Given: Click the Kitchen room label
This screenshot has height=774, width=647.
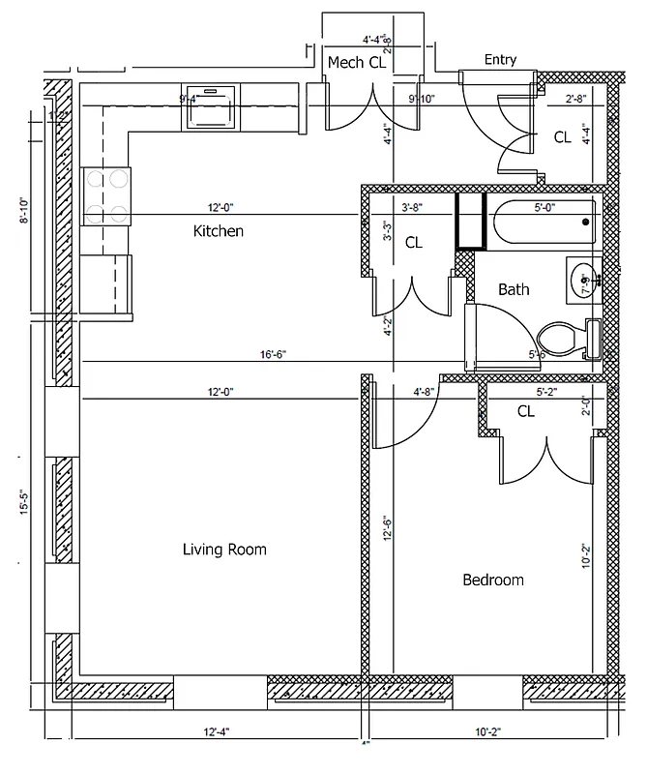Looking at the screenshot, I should click(218, 231).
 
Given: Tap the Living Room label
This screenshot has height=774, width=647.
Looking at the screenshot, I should click(224, 550).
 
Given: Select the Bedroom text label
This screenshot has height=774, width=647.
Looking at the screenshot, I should click(492, 580).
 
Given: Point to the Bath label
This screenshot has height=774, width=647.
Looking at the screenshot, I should click(514, 289).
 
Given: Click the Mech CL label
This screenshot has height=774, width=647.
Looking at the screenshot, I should click(357, 63).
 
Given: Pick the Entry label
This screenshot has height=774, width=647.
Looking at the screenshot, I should click(500, 60).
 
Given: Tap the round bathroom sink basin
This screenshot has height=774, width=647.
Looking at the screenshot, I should click(582, 281).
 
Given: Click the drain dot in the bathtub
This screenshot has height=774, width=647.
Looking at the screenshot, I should click(585, 223).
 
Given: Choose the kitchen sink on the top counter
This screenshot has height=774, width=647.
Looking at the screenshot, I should click(210, 106).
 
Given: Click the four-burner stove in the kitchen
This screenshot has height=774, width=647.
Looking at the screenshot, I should click(105, 196).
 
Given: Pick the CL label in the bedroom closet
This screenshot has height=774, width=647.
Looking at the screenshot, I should click(525, 411).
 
